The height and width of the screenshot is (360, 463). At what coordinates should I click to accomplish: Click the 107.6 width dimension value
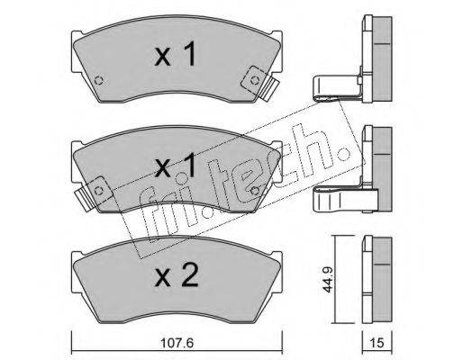(x=177, y=343)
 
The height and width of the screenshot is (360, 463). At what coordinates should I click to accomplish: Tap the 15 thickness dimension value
(x=377, y=343)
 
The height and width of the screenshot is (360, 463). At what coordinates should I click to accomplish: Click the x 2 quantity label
(x=177, y=275)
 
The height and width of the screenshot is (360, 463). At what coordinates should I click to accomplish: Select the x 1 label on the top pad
(x=175, y=54)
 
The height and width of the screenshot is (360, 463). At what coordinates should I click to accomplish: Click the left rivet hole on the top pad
(x=99, y=80)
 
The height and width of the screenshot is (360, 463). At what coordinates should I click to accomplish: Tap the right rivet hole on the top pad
(x=255, y=80)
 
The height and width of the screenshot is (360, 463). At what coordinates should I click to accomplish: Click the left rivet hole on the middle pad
(x=99, y=191)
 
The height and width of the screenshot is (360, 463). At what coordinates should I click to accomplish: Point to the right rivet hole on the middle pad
(x=255, y=191)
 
